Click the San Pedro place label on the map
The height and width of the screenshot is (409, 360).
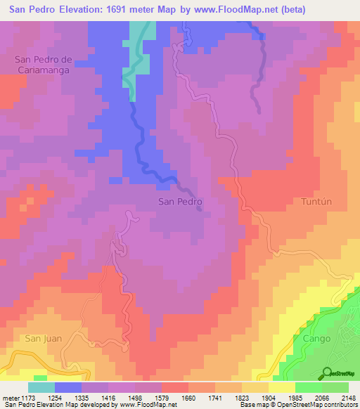(x=181, y=202)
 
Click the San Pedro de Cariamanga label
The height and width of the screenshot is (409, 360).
(x=44, y=65)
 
